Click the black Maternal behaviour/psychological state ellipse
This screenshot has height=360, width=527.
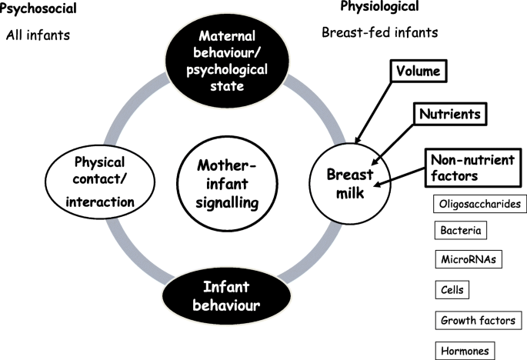coord(227,61)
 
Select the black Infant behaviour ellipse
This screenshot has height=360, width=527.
coord(227,296)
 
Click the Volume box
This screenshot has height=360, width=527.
coord(419,71)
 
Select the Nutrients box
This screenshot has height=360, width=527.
coord(450,114)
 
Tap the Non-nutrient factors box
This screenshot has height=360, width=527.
coord(473,168)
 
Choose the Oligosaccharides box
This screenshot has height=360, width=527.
coord(480,204)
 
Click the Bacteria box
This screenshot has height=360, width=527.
coord(461,230)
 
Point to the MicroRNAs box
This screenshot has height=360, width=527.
coord(469,259)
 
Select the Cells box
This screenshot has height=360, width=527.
coord(452,290)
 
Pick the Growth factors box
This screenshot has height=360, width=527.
coord(479,320)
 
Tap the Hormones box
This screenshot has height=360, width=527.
coord(465,351)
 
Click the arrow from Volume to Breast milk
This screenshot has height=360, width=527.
coord(373,112)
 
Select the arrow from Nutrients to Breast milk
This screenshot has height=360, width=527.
coord(393,145)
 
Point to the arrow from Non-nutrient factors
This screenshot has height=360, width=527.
coord(400,177)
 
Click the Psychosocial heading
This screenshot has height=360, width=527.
coord(38,8)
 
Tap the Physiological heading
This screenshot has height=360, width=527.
coord(379,6)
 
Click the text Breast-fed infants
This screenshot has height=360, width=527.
coord(380,32)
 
